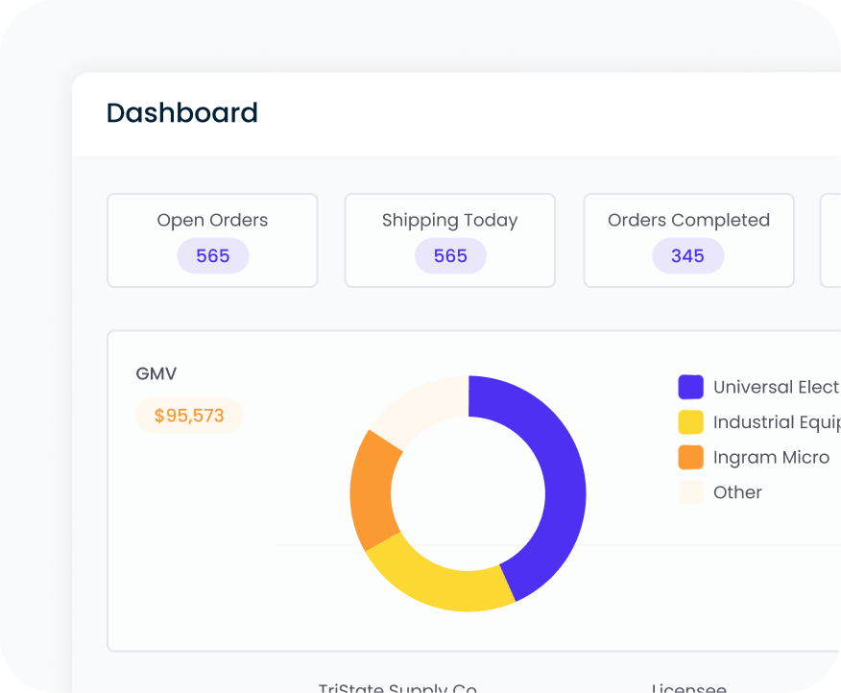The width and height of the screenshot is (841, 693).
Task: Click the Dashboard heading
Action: pyautogui.click(x=181, y=113)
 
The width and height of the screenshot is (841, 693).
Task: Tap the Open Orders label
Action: pyautogui.click(x=212, y=220)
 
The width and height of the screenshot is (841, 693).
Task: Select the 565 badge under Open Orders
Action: pyautogui.click(x=212, y=256)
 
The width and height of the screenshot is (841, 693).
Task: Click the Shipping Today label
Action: pyautogui.click(x=449, y=220)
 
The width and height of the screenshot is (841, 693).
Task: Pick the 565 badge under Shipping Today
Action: pyautogui.click(x=449, y=256)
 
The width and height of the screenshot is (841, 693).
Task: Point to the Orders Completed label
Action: pyautogui.click(x=688, y=220)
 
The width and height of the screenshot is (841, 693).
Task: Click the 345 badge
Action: pyautogui.click(x=687, y=256)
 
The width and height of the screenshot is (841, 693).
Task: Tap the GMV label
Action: pyautogui.click(x=156, y=374)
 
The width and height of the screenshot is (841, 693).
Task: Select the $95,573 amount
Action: pyautogui.click(x=189, y=416)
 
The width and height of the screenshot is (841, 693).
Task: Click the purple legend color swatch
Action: pyautogui.click(x=690, y=387)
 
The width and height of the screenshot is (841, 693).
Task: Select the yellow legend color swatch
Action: pyautogui.click(x=690, y=422)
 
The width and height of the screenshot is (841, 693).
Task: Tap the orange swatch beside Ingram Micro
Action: pyautogui.click(x=690, y=457)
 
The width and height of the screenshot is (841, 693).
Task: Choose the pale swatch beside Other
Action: pyautogui.click(x=690, y=492)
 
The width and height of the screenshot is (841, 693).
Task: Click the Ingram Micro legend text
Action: pyautogui.click(x=771, y=457)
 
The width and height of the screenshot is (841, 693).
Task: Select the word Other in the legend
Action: pyautogui.click(x=737, y=492)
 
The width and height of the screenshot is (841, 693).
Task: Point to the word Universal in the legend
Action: pyautogui.click(x=752, y=387)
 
